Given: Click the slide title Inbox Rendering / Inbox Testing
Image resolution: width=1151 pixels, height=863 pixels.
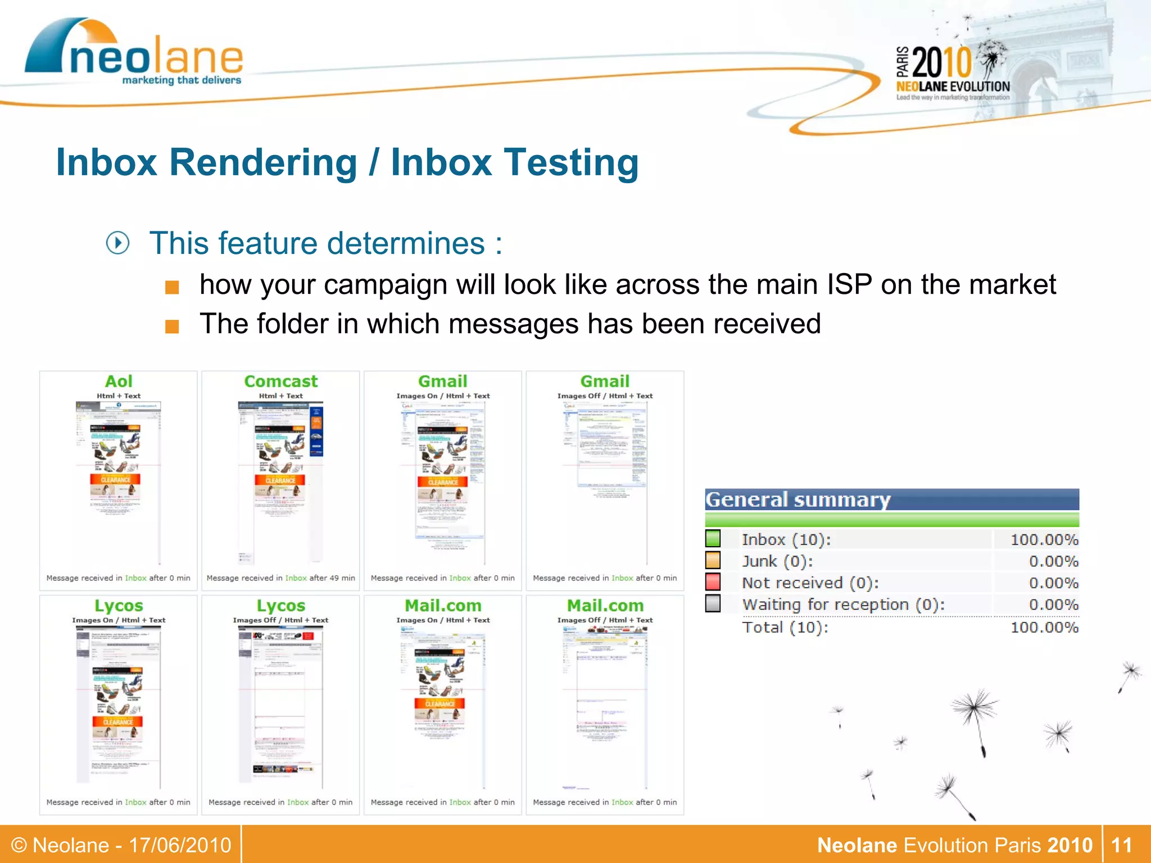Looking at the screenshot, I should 347,163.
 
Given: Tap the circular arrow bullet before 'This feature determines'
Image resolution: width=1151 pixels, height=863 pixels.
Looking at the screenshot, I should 118,243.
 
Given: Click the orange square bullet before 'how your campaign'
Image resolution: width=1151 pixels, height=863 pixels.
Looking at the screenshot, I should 172,288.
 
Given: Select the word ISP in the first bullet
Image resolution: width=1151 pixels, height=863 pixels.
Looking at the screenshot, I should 849,284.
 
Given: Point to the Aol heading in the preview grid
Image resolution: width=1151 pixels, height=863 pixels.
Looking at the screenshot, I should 119,381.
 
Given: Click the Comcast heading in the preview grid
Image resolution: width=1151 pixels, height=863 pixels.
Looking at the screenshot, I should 280,381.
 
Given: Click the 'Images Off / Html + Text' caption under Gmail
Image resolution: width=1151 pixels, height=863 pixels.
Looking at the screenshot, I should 605,396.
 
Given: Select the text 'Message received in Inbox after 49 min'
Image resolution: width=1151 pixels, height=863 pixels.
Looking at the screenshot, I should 280,578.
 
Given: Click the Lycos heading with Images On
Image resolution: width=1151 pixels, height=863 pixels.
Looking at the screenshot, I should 119,606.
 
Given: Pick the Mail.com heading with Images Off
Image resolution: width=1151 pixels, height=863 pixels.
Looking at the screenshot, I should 605,606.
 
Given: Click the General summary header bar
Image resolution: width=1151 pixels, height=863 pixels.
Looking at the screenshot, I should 891,499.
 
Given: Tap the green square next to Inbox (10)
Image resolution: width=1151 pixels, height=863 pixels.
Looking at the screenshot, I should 713,539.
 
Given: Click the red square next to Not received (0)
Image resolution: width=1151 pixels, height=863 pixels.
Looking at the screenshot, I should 713,582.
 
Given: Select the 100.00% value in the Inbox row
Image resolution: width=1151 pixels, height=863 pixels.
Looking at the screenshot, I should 1044,540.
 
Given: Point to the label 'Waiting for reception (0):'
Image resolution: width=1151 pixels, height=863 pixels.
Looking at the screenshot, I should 843,605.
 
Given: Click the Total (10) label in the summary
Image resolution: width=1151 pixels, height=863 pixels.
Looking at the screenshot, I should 785,627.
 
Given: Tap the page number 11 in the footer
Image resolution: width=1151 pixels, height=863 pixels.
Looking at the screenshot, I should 1121,845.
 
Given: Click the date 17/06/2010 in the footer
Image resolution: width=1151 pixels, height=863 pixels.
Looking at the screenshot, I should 180,845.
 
